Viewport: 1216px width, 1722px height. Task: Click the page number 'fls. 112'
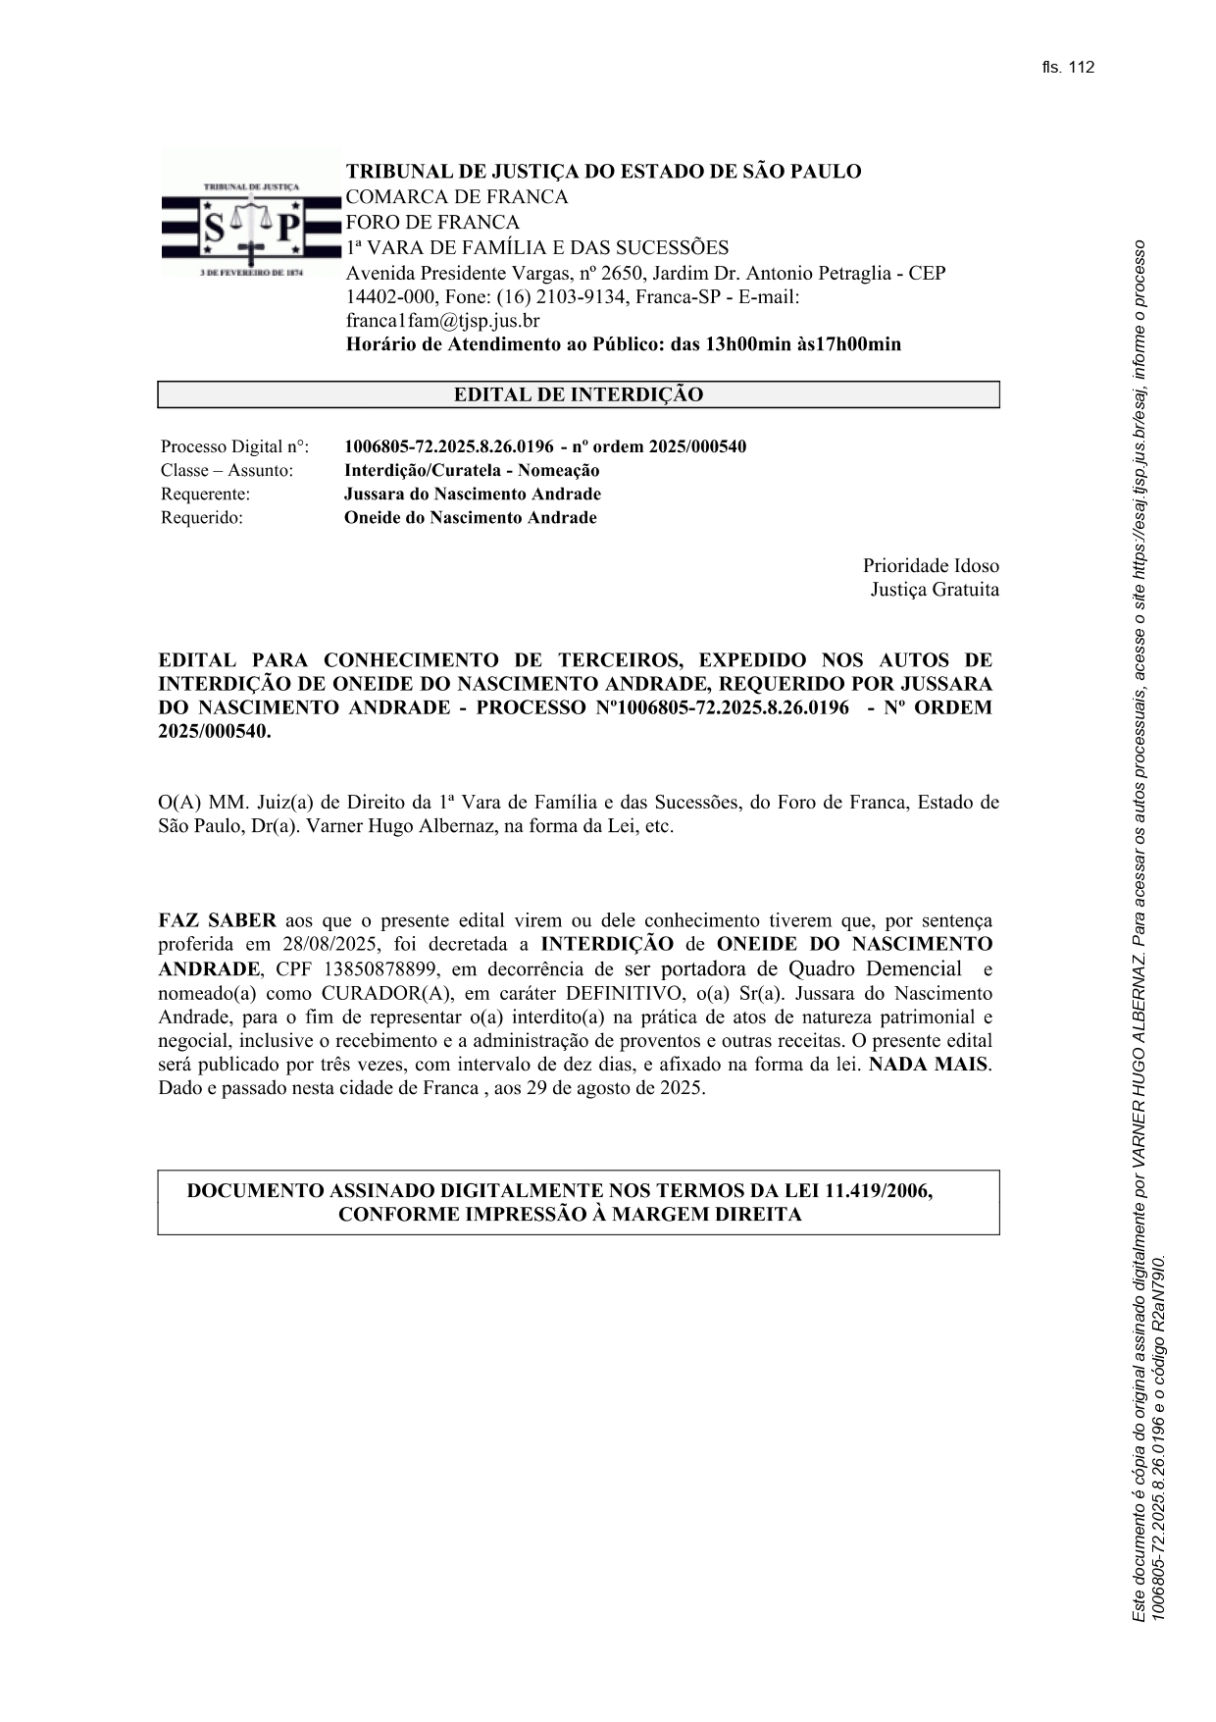[1068, 68]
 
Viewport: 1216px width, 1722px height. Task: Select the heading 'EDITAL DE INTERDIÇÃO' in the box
[578, 394]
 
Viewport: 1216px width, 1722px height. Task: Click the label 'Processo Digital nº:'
[234, 446]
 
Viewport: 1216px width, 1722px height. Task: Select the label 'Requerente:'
[205, 494]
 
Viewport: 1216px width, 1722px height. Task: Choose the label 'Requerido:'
[201, 517]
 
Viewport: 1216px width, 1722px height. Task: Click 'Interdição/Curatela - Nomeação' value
[471, 470]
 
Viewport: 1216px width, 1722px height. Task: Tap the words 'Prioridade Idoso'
[931, 566]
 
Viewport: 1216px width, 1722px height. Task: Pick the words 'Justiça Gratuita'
[935, 590]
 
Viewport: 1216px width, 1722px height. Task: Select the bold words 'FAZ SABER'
[217, 920]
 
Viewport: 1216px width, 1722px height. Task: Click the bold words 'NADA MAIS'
[929, 1065]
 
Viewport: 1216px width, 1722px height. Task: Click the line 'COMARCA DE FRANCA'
[456, 196]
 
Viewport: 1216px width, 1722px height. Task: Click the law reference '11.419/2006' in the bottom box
[878, 1190]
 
